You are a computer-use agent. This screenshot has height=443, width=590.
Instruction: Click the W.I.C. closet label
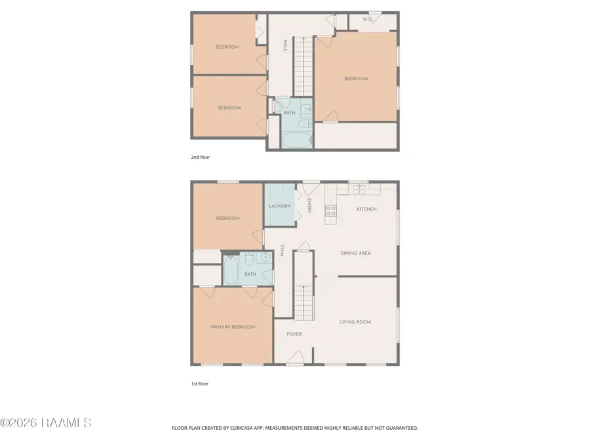pos(367,19)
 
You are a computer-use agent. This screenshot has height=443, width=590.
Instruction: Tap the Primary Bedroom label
pos(233,327)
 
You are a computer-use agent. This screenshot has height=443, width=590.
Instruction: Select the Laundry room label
pos(279,206)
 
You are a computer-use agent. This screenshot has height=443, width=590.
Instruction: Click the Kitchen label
pos(366,209)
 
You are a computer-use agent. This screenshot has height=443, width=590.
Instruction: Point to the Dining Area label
pos(355,253)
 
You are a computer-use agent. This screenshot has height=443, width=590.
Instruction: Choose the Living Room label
pos(355,322)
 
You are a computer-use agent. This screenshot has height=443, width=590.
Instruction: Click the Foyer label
pos(294,334)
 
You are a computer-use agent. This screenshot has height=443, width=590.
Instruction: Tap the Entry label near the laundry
pos(309,205)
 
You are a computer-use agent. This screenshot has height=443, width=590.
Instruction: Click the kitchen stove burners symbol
pos(331,211)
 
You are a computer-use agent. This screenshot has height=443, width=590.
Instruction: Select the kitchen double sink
pos(359,190)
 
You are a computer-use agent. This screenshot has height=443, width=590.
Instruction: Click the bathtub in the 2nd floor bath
pos(297,140)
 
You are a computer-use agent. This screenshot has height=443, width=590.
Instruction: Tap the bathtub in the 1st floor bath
pos(230,270)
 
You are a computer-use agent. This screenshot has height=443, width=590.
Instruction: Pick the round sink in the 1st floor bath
pos(265,257)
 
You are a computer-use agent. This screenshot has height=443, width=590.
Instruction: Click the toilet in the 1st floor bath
pos(249,259)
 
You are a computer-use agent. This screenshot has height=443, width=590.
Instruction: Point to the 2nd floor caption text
pos(200,157)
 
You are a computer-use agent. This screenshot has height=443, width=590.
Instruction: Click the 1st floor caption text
pos(199,384)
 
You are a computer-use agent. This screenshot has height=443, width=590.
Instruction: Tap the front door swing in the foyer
pos(296,357)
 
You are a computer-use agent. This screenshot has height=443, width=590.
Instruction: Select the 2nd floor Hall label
pos(285,45)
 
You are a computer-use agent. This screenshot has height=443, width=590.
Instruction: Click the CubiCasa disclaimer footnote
pos(294,428)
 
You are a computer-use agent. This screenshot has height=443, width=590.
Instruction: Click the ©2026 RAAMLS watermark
pos(45,423)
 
